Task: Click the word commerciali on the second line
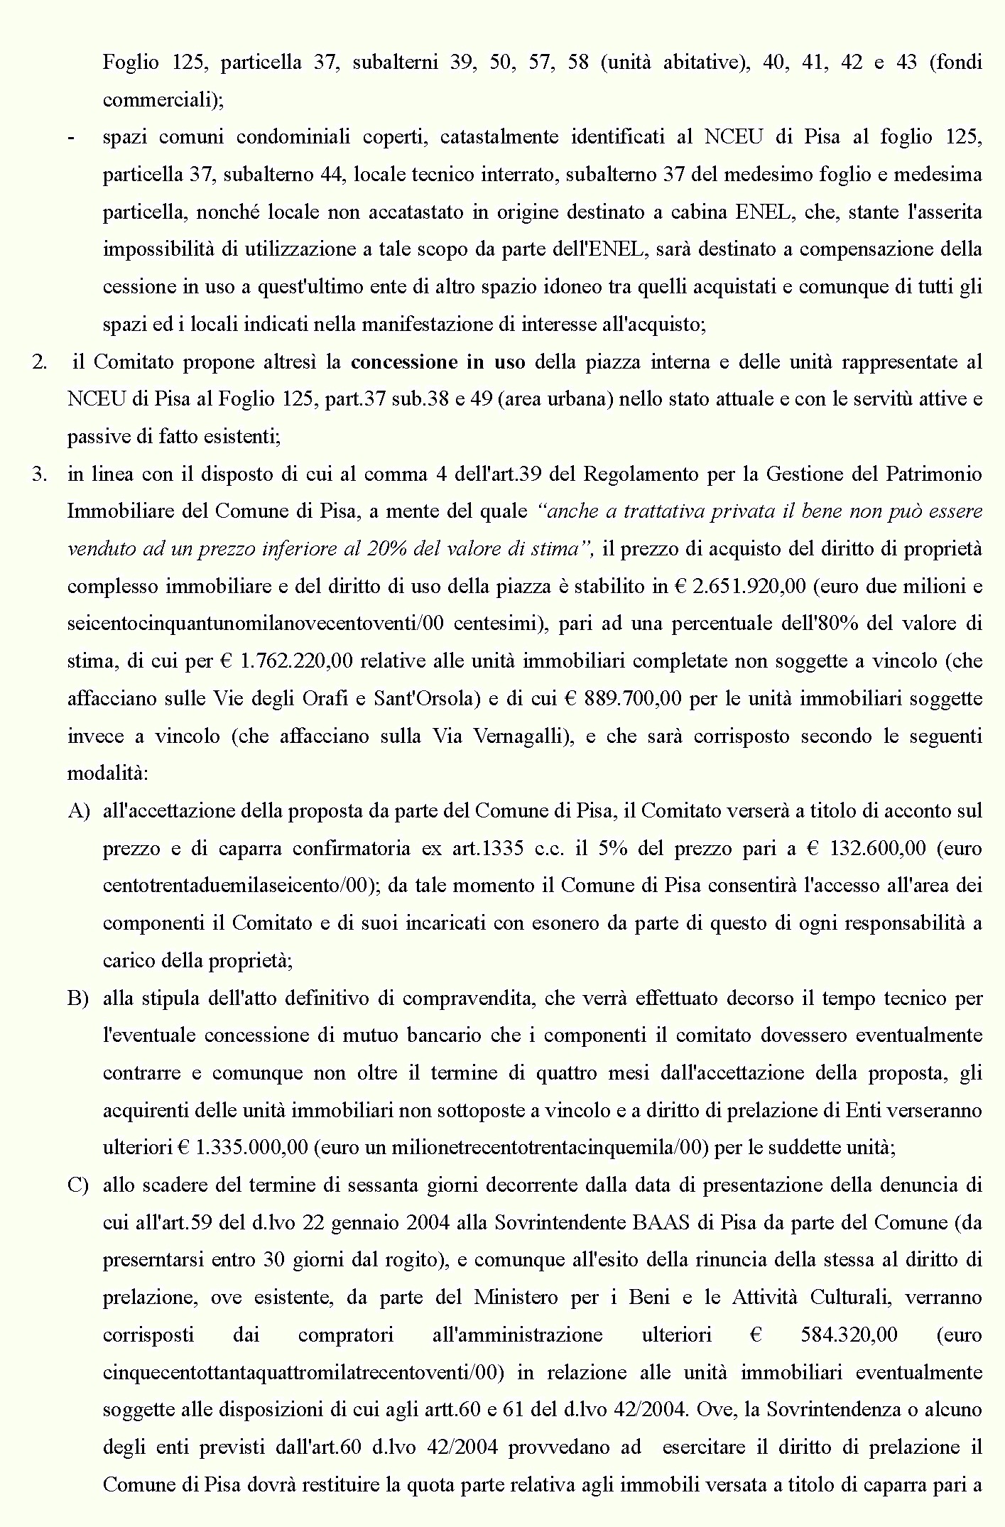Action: pos(163,100)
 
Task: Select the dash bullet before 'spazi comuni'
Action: pos(71,138)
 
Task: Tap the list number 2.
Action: pos(40,362)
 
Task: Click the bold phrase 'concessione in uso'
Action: pos(438,362)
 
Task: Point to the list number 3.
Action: pos(40,474)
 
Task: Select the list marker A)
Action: pos(78,811)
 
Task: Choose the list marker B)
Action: pos(78,999)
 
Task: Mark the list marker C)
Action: pos(78,1185)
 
